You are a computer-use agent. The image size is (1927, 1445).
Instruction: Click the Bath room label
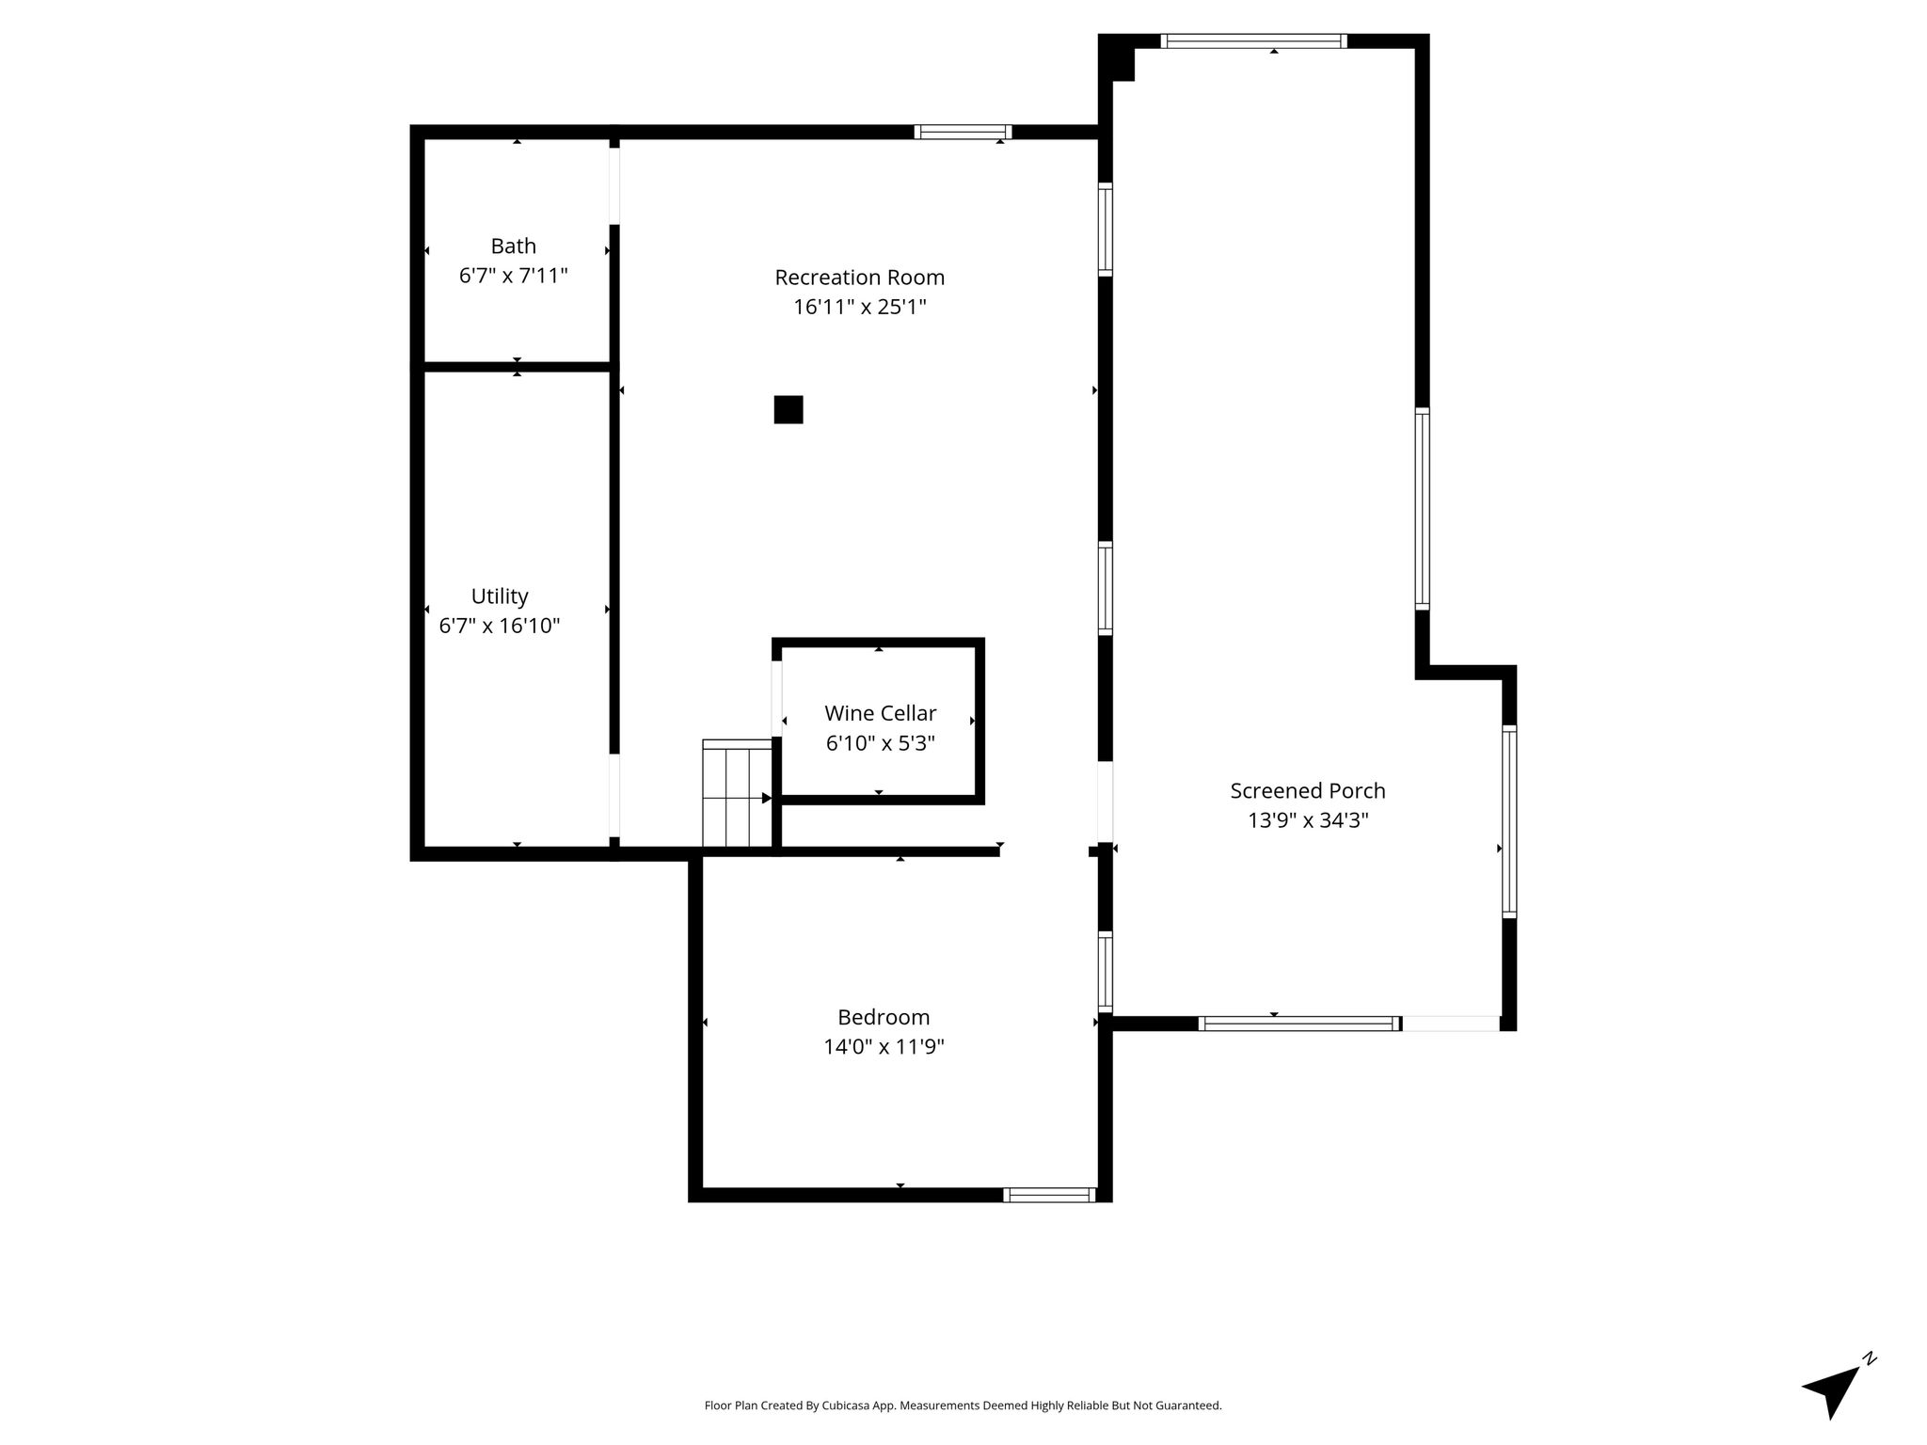(x=513, y=246)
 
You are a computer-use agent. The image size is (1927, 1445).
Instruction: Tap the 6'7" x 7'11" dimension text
(x=513, y=276)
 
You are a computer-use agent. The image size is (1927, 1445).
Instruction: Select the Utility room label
(x=500, y=596)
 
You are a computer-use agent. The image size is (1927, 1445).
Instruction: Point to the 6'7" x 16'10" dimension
(x=500, y=626)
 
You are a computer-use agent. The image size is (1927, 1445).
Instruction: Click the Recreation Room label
(x=859, y=278)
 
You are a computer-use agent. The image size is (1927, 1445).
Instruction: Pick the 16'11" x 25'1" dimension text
(x=859, y=307)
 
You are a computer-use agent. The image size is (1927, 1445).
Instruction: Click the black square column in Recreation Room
(x=788, y=410)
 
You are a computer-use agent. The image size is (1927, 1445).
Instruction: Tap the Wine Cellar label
(x=880, y=713)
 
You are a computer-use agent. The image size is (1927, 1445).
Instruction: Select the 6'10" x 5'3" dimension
(x=880, y=743)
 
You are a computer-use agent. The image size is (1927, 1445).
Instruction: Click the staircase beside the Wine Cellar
(x=738, y=794)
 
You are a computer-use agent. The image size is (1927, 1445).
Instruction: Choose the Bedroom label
(x=884, y=1017)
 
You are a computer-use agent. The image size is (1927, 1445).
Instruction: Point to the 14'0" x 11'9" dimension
(x=884, y=1047)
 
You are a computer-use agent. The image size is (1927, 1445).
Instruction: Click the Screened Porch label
(x=1308, y=791)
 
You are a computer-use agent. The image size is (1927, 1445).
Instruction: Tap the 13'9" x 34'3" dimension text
(x=1308, y=820)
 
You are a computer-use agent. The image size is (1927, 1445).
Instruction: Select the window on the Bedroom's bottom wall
(x=1049, y=1195)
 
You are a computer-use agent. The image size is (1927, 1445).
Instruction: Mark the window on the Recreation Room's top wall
(x=963, y=132)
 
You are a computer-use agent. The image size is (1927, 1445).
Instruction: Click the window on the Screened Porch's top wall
(x=1253, y=40)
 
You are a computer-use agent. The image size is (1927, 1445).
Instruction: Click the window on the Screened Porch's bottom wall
(x=1299, y=1024)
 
